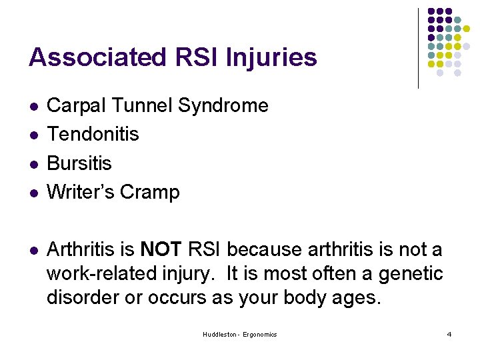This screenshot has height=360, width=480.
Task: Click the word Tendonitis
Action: [93, 134]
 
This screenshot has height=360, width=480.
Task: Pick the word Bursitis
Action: [79, 163]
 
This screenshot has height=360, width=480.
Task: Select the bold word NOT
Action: [161, 249]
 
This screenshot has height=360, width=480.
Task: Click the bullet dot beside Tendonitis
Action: [33, 135]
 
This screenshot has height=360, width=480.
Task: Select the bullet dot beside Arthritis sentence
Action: [33, 251]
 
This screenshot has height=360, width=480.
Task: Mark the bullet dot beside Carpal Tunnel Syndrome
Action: [33, 107]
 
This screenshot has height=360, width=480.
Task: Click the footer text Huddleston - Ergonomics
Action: [240, 334]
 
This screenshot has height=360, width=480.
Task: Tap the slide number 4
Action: [449, 334]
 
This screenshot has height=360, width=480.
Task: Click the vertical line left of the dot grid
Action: [418, 48]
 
